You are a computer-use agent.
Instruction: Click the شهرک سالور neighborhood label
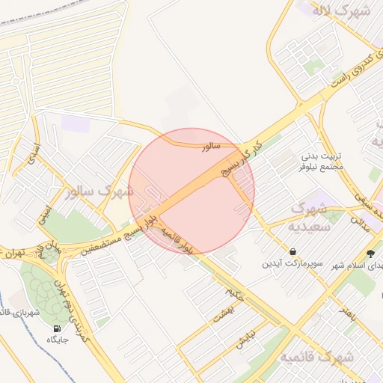click(99, 192)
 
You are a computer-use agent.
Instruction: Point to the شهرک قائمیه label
click(316, 358)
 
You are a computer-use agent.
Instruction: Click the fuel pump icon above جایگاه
click(58, 328)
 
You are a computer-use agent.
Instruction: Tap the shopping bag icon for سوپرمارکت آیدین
click(292, 251)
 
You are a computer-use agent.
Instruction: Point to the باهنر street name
click(347, 307)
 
